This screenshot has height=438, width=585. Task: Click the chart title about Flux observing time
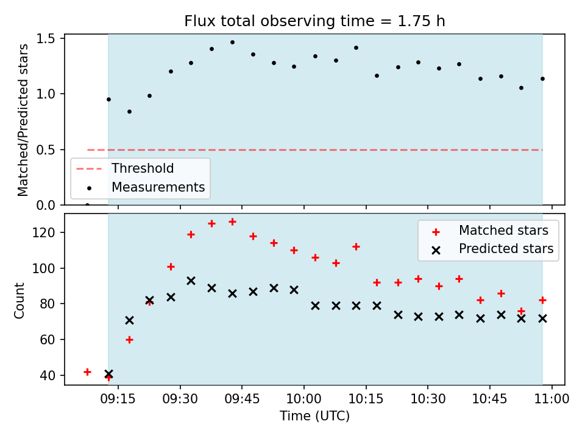click(x=314, y=21)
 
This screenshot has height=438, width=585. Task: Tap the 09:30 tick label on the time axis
click(x=180, y=399)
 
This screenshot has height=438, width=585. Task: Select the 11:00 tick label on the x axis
click(x=552, y=399)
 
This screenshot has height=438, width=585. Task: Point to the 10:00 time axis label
click(x=303, y=399)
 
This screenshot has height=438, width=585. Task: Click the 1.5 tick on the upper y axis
click(x=46, y=39)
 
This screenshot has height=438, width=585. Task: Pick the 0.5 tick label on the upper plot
click(x=46, y=150)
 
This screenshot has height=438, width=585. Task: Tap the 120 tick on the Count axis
click(x=44, y=232)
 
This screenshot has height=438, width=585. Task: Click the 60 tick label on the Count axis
click(x=48, y=339)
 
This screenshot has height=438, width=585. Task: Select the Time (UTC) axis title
click(x=314, y=416)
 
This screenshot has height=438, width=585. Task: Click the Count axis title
click(x=19, y=301)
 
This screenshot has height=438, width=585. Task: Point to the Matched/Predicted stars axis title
click(x=23, y=120)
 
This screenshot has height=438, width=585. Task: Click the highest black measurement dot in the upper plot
click(x=232, y=43)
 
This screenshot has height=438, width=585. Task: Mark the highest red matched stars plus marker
click(x=232, y=222)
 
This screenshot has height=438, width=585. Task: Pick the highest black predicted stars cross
click(x=191, y=281)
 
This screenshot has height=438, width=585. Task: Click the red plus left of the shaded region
click(x=87, y=372)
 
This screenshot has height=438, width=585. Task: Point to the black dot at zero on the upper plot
click(x=87, y=205)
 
